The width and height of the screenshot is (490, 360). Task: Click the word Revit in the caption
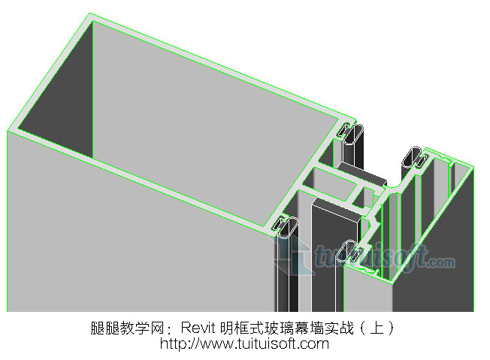tap(199, 328)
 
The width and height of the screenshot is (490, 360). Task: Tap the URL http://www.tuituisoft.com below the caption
tap(244, 344)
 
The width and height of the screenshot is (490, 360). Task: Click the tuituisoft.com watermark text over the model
tap(383, 259)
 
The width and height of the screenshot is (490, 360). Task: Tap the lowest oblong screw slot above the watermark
tap(351, 250)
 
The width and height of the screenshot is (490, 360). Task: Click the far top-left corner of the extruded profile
tap(91, 15)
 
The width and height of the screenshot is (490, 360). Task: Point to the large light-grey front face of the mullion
tap(135, 248)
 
